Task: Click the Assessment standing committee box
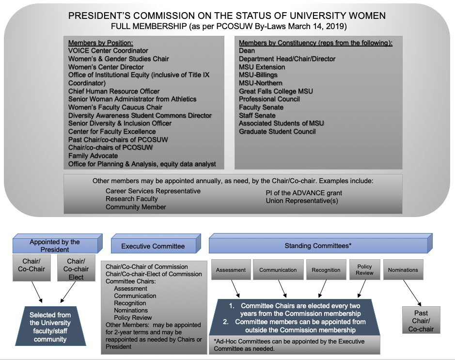231,270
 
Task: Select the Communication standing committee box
278,270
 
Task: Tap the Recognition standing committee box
326,270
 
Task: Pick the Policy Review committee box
364,270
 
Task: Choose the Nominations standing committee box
403,270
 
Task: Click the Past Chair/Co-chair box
421,320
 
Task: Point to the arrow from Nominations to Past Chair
412,293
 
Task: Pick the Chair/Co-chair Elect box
76,268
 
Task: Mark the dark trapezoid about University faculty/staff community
50,327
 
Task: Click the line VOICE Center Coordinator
108,51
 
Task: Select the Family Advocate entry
93,156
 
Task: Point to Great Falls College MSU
276,91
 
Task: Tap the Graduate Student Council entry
277,131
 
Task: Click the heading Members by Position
101,43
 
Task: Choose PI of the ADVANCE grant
304,193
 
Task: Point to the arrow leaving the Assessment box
235,289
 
